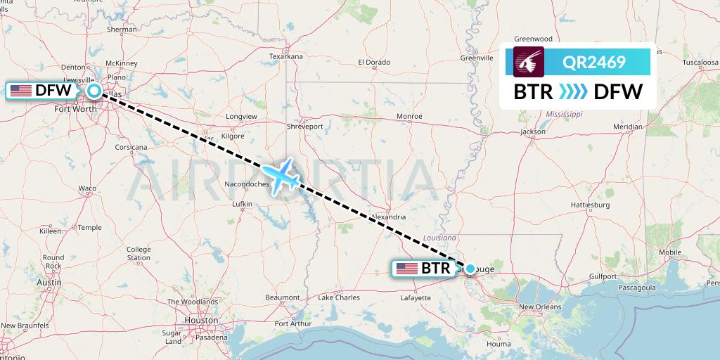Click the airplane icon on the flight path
tap(281, 176)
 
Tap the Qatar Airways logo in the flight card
tap(529, 62)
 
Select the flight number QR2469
tap(594, 63)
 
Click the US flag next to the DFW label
tap(21, 90)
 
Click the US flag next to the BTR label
tap(406, 268)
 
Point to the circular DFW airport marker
tap(94, 91)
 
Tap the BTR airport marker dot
tap(470, 268)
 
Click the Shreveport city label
tap(305, 127)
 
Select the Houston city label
tap(200, 320)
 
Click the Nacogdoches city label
tap(247, 184)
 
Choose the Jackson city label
tap(533, 131)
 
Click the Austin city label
tap(46, 283)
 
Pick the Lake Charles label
tap(339, 298)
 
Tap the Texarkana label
tap(285, 56)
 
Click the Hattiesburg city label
tap(589, 205)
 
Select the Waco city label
tap(87, 188)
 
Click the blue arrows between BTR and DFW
tap(572, 91)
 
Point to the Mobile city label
tap(670, 252)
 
